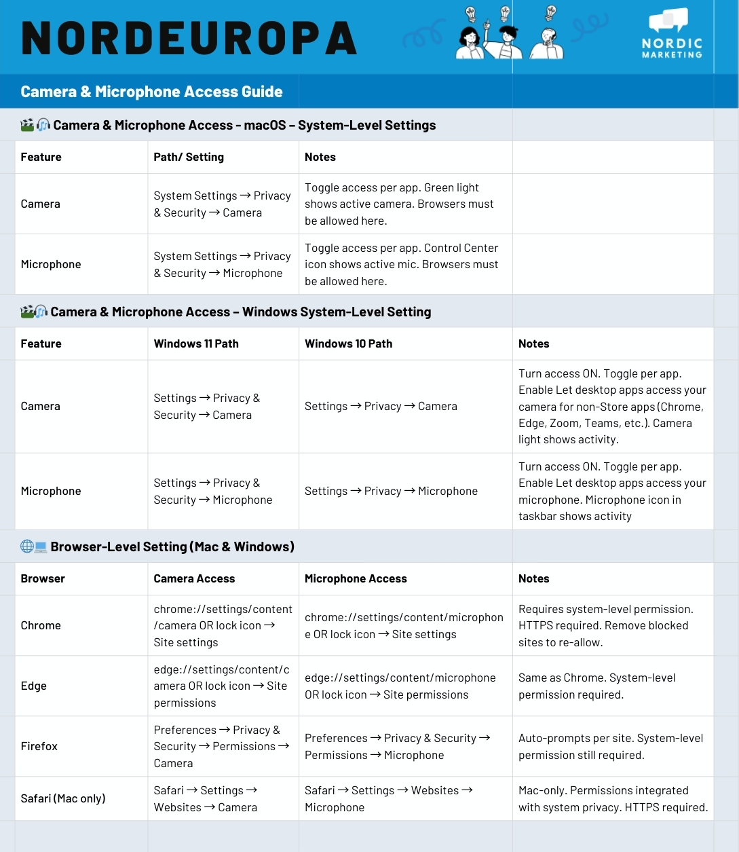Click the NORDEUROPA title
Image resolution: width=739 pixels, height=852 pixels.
(x=189, y=38)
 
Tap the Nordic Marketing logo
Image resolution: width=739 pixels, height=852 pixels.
(x=672, y=34)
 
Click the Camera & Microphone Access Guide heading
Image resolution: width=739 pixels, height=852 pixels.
(x=151, y=92)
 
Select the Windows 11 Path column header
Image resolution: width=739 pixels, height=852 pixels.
(x=196, y=344)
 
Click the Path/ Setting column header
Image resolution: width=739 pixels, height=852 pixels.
(x=189, y=157)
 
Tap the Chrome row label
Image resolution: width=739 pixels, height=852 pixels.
(x=41, y=625)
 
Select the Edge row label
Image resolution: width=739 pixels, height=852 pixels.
(x=34, y=686)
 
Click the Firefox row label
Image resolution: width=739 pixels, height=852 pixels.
(x=39, y=746)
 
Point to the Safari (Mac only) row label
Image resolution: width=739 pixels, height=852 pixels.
(x=63, y=798)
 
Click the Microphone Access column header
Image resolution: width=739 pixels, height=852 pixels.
(x=356, y=578)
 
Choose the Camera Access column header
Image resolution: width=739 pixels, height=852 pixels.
(x=194, y=578)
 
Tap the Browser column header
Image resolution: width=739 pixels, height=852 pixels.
(x=43, y=578)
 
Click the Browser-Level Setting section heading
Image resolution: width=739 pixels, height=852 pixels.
(x=172, y=547)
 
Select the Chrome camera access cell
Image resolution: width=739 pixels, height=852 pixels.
(x=223, y=625)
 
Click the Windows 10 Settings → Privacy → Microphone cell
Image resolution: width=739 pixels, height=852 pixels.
(x=391, y=491)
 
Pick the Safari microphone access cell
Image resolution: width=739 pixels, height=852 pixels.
(x=388, y=798)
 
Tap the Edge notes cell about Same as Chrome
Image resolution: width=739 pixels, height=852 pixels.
(x=596, y=686)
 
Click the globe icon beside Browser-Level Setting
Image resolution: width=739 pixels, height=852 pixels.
(x=27, y=547)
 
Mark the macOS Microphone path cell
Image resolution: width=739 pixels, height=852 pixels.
(x=222, y=264)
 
